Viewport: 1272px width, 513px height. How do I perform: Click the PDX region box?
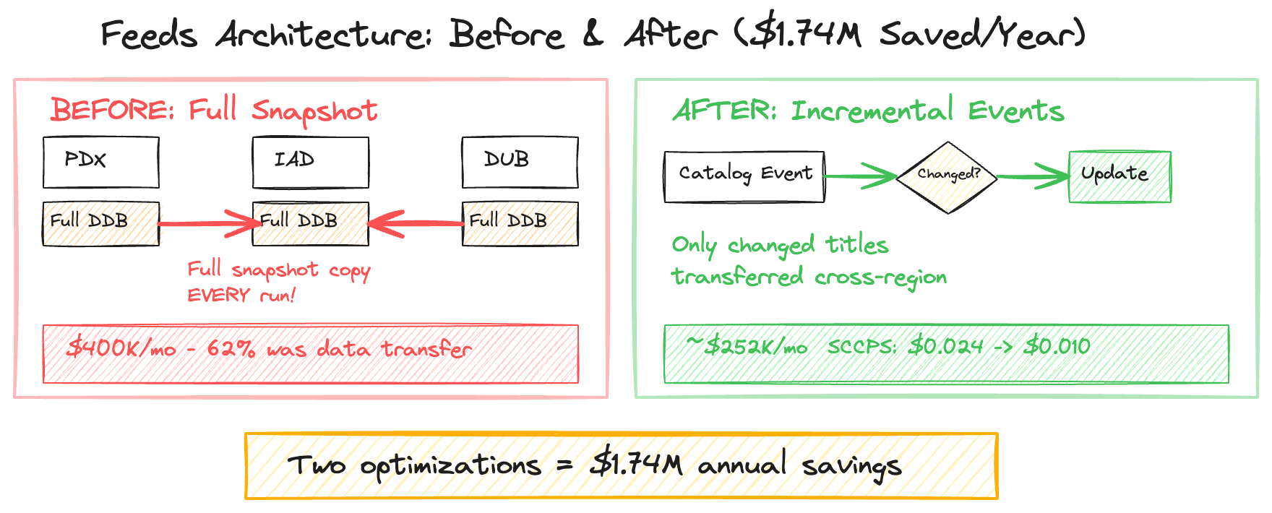tap(100, 163)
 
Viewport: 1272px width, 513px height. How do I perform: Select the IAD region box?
tap(310, 163)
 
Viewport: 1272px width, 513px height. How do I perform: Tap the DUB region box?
tap(520, 163)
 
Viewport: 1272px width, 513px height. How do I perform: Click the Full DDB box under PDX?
tap(100, 223)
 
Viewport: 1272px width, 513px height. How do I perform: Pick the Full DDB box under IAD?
tap(310, 223)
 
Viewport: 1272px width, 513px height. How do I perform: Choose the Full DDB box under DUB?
tap(520, 223)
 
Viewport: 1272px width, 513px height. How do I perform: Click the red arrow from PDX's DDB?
tap(206, 223)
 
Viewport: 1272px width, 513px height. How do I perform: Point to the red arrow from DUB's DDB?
tap(416, 223)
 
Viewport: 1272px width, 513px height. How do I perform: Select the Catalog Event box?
tap(744, 176)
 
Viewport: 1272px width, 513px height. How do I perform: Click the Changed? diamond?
tap(947, 176)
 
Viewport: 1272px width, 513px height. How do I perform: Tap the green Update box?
tap(1120, 176)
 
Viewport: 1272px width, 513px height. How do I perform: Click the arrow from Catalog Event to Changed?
tap(860, 176)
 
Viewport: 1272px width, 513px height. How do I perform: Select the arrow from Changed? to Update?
tap(1033, 176)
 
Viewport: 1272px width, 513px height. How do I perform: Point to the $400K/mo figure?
tap(121, 349)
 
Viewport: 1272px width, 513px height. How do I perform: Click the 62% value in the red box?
tap(231, 349)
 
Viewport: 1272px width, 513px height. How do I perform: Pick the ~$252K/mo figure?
tap(747, 347)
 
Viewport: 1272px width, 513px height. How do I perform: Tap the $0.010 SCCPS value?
tap(1057, 347)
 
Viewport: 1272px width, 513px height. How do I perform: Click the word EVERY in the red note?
tap(218, 296)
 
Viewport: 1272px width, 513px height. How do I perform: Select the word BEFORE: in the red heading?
tap(112, 111)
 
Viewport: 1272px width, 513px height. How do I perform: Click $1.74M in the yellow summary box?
tap(636, 465)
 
